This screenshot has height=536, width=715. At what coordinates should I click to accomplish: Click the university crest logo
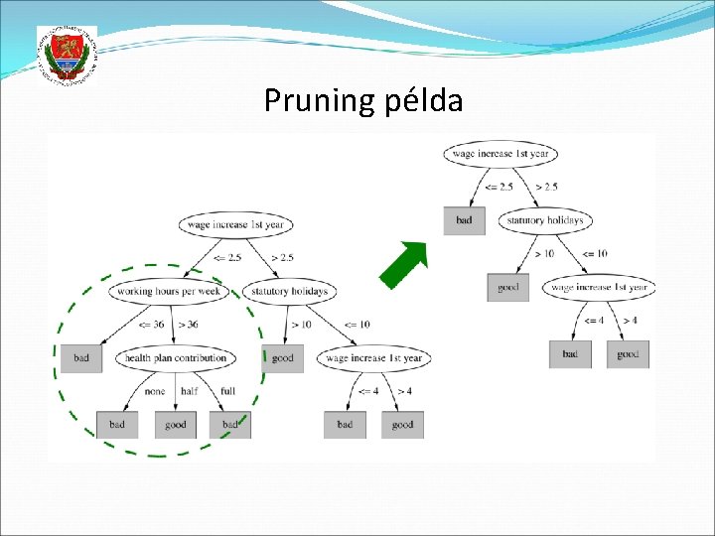pyautogui.click(x=67, y=57)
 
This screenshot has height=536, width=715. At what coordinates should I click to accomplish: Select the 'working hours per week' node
pyautogui.click(x=169, y=291)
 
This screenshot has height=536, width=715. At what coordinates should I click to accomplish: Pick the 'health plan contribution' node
pyautogui.click(x=175, y=357)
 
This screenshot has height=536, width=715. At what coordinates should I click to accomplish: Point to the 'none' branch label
pyautogui.click(x=154, y=391)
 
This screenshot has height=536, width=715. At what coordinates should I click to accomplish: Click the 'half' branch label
pyautogui.click(x=189, y=391)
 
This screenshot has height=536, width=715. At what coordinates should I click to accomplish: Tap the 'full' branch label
pyautogui.click(x=227, y=391)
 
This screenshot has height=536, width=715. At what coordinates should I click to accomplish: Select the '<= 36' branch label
pyautogui.click(x=152, y=325)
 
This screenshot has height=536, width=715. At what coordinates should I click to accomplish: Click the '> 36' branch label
pyautogui.click(x=187, y=325)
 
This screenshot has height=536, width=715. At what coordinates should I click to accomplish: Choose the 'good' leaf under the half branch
pyautogui.click(x=176, y=425)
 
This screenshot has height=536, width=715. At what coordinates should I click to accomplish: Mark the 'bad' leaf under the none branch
pyautogui.click(x=117, y=425)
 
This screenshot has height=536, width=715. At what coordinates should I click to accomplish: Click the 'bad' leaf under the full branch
pyautogui.click(x=230, y=425)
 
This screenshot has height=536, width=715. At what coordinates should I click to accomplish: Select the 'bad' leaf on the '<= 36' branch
pyautogui.click(x=81, y=357)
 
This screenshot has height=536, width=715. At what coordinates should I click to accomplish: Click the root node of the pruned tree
pyautogui.click(x=500, y=154)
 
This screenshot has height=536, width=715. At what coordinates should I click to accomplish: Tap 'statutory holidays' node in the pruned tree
pyautogui.click(x=545, y=220)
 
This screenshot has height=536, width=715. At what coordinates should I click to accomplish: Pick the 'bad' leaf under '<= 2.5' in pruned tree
pyautogui.click(x=465, y=220)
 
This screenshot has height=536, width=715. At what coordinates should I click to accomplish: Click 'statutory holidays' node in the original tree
pyautogui.click(x=289, y=291)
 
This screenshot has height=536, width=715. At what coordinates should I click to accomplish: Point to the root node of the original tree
pyautogui.click(x=232, y=224)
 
